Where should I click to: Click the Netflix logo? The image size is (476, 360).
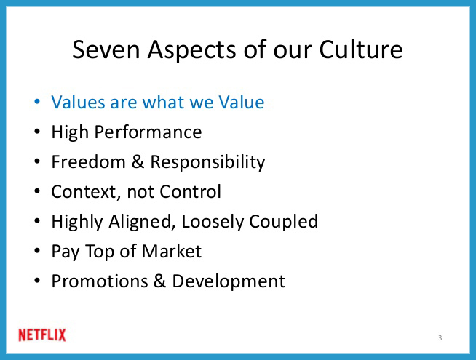tap(42, 335)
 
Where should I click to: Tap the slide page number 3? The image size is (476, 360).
tap(440, 338)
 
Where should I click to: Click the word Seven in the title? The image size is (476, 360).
tap(106, 49)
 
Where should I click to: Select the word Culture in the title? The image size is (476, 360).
tap(361, 49)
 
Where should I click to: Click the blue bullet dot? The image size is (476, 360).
tap(37, 101)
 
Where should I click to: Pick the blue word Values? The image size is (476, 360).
tap(79, 102)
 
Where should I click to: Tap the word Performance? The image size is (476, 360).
tap(148, 132)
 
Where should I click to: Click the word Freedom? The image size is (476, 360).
tap(88, 161)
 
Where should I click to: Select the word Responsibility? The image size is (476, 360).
tap(207, 162)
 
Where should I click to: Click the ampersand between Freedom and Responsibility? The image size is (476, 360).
tap(138, 161)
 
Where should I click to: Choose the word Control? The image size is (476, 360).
tap(191, 191)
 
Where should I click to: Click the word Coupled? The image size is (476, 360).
tap(284, 222)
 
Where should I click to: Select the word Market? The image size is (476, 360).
tap(172, 251)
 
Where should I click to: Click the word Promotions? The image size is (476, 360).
tap(100, 281)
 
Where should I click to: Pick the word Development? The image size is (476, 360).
tap(229, 281)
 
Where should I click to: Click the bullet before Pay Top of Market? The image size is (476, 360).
tap(37, 251)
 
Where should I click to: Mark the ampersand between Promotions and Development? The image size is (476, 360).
tap(159, 281)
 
